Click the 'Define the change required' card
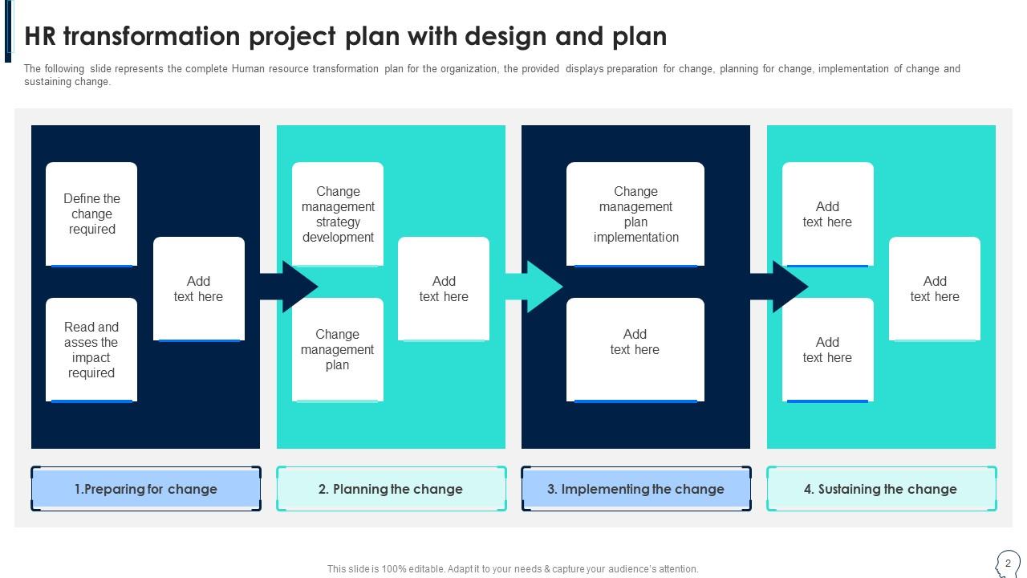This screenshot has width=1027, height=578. (91, 214)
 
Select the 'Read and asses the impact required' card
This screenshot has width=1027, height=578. (91, 350)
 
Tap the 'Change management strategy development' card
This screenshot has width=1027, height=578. (338, 214)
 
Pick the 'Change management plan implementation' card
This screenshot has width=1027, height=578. (635, 214)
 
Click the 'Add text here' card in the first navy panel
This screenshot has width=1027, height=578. (199, 289)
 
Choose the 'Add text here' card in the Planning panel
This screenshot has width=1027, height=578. (444, 289)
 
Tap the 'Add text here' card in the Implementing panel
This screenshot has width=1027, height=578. (635, 350)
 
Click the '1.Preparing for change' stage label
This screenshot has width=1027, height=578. (146, 489)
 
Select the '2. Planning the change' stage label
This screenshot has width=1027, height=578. (391, 489)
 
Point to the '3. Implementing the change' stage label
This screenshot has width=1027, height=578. (635, 489)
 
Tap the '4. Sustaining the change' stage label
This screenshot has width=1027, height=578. (881, 489)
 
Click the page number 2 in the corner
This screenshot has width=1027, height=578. (1008, 564)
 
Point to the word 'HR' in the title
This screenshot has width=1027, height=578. (40, 37)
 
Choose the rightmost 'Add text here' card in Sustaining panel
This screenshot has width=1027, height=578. (935, 289)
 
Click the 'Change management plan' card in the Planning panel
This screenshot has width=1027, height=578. (338, 350)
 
